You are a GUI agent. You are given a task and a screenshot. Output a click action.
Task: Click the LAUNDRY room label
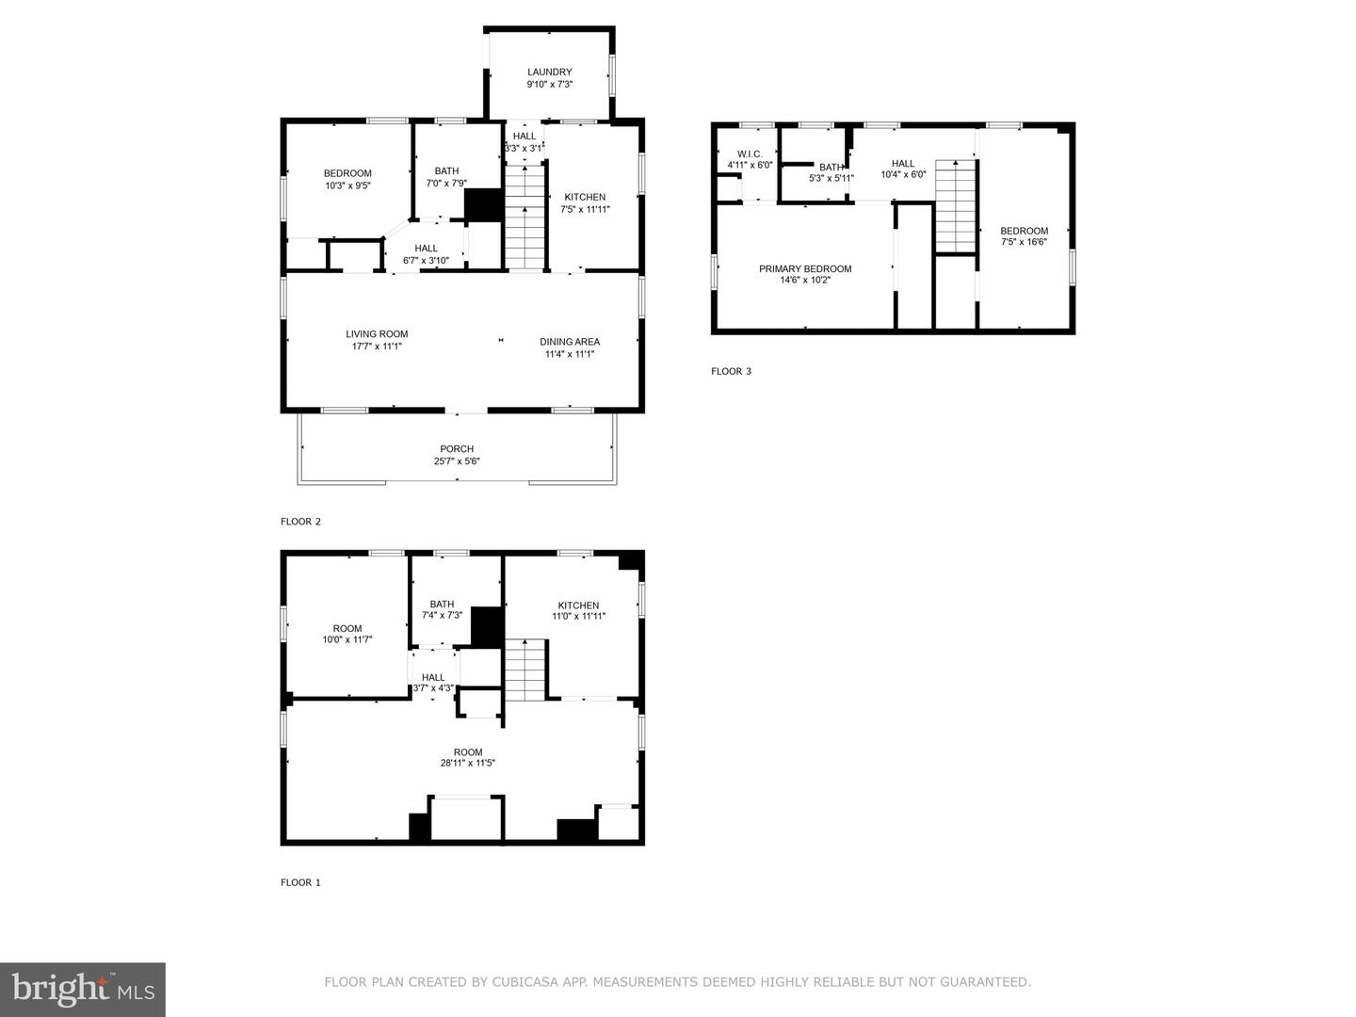pyautogui.click(x=549, y=72)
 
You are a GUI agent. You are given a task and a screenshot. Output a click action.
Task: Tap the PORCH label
pyautogui.click(x=457, y=449)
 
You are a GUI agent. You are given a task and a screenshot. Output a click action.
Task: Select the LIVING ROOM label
pyautogui.click(x=377, y=333)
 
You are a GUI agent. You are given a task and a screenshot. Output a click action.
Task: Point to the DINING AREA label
pyautogui.click(x=569, y=342)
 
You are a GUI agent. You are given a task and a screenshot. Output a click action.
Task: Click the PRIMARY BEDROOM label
pyautogui.click(x=805, y=268)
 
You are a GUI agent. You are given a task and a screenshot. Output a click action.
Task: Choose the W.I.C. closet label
pyautogui.click(x=750, y=153)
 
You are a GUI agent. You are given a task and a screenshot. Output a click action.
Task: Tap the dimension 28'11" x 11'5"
pyautogui.click(x=468, y=764)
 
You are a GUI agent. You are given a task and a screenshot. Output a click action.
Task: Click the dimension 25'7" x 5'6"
pyautogui.click(x=457, y=461)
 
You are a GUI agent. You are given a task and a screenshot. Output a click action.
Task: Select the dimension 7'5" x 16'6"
pyautogui.click(x=1024, y=242)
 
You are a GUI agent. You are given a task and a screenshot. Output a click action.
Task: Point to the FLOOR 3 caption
pyautogui.click(x=731, y=371)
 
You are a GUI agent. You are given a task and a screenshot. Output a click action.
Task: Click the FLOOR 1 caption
pyautogui.click(x=300, y=882)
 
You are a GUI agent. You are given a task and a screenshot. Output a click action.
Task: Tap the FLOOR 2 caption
pyautogui.click(x=300, y=521)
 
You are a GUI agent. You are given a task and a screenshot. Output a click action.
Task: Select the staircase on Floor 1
pyautogui.click(x=525, y=670)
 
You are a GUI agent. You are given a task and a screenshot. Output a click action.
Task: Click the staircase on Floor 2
pyautogui.click(x=525, y=218)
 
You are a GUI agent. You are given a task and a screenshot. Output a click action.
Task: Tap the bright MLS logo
pyautogui.click(x=83, y=990)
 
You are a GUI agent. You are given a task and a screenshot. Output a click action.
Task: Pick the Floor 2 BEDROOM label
pyautogui.click(x=347, y=173)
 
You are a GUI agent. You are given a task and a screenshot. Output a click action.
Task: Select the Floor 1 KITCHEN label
pyautogui.click(x=578, y=605)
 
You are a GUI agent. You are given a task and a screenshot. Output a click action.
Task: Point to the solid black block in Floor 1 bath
pyautogui.click(x=487, y=627)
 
